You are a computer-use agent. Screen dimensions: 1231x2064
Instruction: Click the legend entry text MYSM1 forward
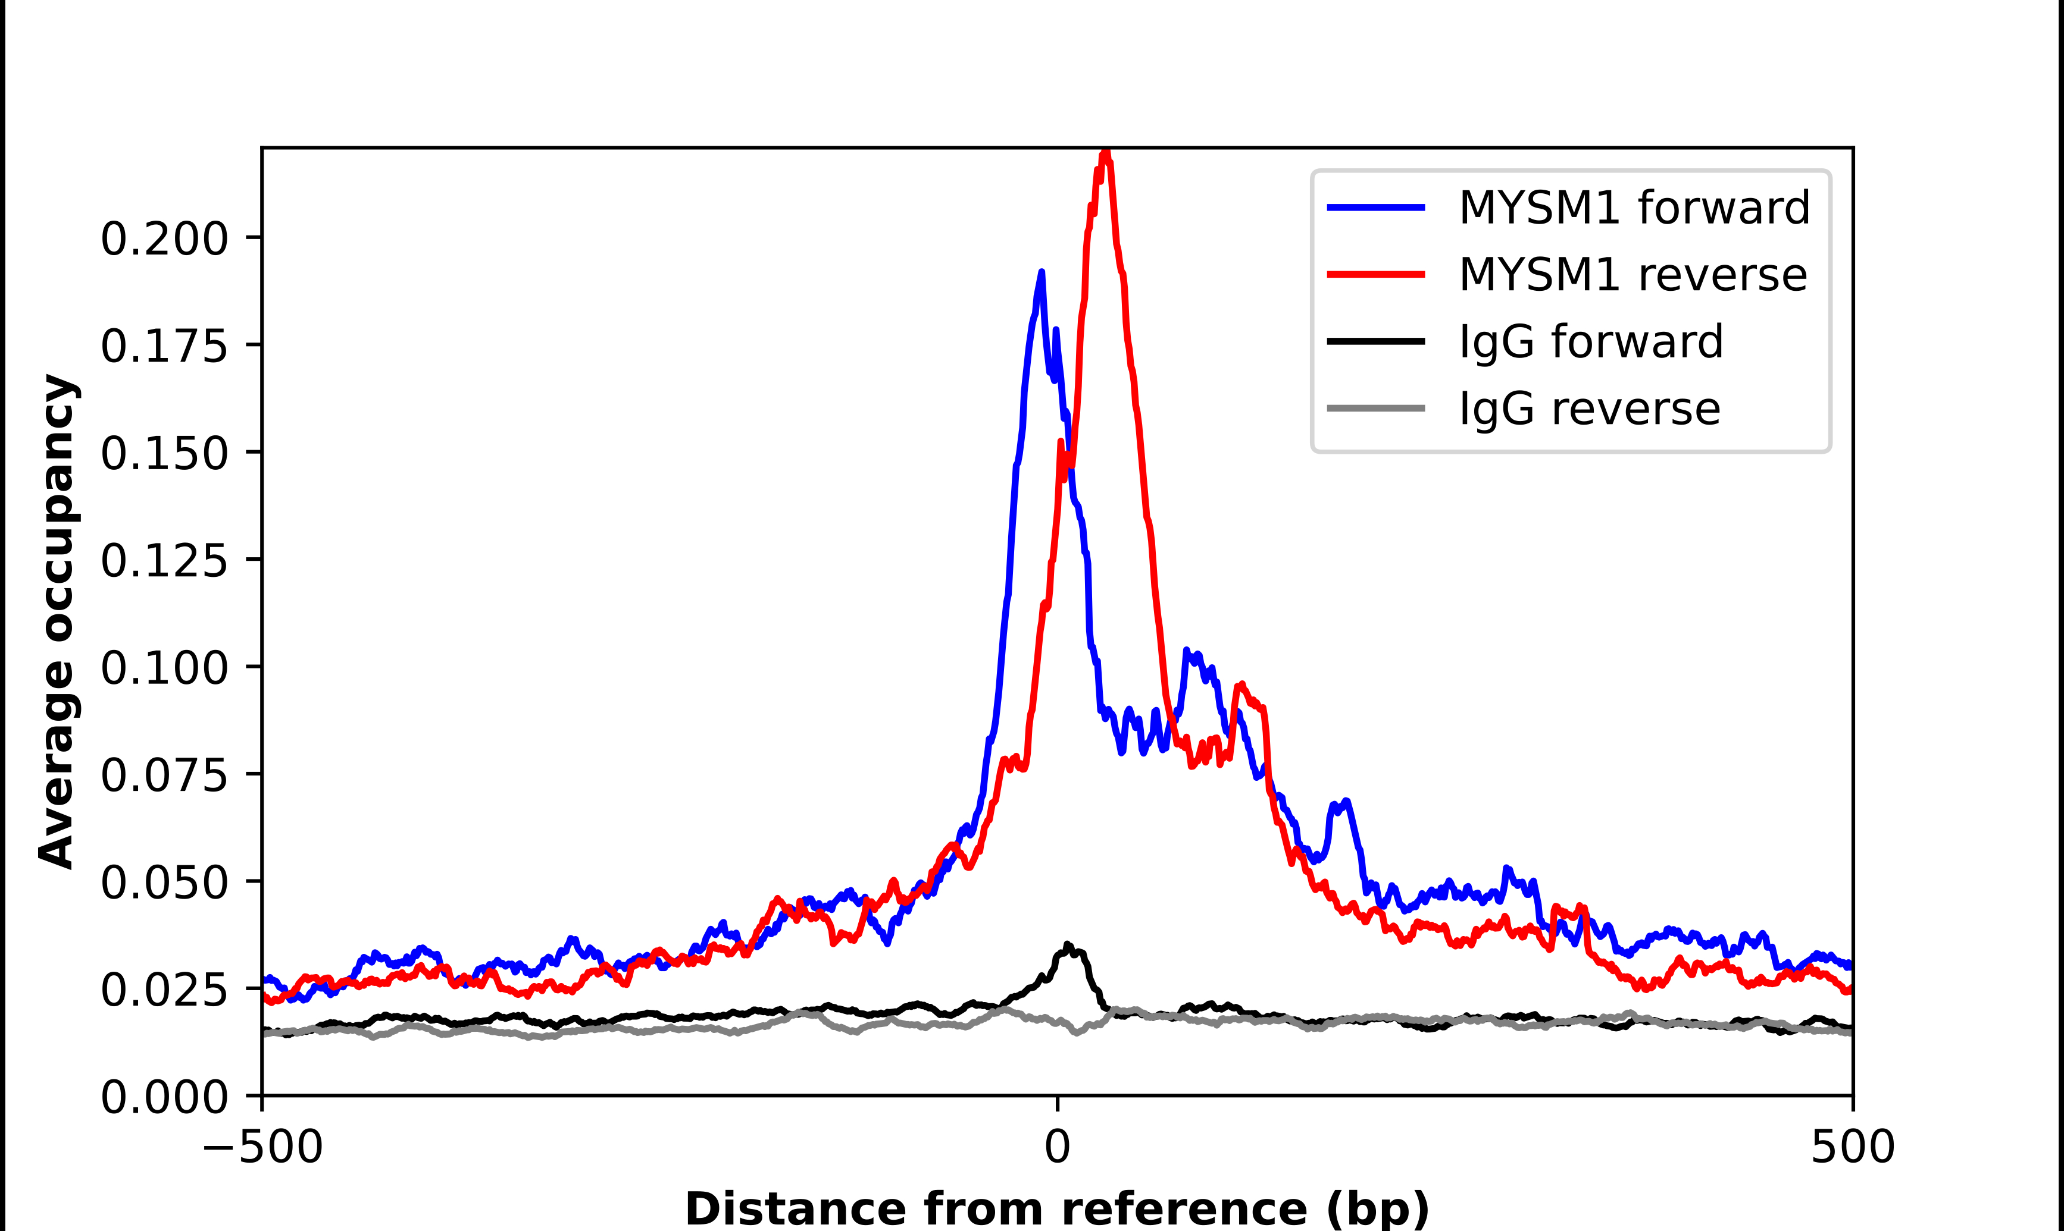[x=1633, y=208]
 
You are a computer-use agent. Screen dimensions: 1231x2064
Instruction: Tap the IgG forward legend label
[x=1590, y=342]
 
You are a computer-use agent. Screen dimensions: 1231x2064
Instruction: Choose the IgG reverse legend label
[x=1589, y=409]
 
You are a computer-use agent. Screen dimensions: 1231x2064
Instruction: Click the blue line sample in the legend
[x=1376, y=208]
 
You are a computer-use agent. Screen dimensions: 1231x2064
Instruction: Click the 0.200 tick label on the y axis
[x=164, y=239]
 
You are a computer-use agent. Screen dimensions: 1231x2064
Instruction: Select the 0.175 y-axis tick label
[x=164, y=346]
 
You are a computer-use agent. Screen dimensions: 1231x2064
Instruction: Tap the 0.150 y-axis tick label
[x=164, y=453]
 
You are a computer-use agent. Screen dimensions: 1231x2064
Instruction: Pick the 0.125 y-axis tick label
[x=164, y=561]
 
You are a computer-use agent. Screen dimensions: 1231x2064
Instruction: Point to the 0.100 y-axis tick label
[x=164, y=668]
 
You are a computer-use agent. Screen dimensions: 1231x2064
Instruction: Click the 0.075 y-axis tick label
[x=164, y=775]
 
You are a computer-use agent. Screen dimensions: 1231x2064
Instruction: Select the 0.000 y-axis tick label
[x=164, y=1097]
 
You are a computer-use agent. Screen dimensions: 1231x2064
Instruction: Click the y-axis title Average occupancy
[x=58, y=622]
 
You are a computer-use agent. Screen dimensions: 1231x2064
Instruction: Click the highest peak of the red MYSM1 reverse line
[x=1105, y=153]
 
